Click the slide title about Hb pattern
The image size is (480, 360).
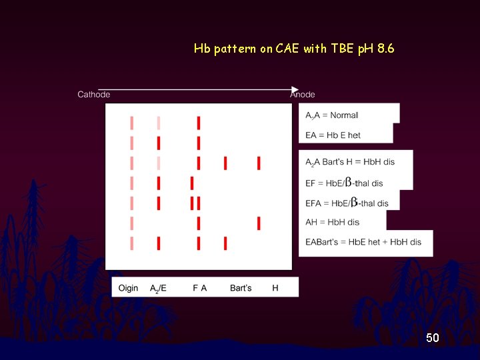click(x=294, y=49)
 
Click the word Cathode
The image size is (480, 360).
click(x=94, y=95)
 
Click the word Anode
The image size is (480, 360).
click(x=303, y=95)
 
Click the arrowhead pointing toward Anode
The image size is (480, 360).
click(x=295, y=89)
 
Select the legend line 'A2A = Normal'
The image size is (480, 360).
click(x=332, y=115)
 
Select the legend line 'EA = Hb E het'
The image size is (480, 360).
click(x=333, y=135)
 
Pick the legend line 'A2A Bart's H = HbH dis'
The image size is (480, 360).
click(x=350, y=163)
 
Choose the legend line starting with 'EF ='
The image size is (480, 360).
click(x=345, y=183)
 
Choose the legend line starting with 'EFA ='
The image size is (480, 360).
click(x=347, y=203)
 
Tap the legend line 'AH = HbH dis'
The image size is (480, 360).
click(x=333, y=222)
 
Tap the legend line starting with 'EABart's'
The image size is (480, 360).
click(x=363, y=242)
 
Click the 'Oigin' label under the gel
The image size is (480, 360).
click(x=128, y=288)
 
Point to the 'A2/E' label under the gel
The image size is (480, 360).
click(x=158, y=288)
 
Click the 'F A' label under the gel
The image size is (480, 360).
click(x=199, y=288)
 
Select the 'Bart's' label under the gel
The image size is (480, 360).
click(x=241, y=288)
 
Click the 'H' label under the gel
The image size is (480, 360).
click(x=275, y=288)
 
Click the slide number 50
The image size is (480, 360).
click(x=433, y=339)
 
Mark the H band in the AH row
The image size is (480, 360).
click(x=259, y=223)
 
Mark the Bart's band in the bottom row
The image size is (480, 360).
click(x=225, y=243)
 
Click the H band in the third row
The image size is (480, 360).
click(x=259, y=163)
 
